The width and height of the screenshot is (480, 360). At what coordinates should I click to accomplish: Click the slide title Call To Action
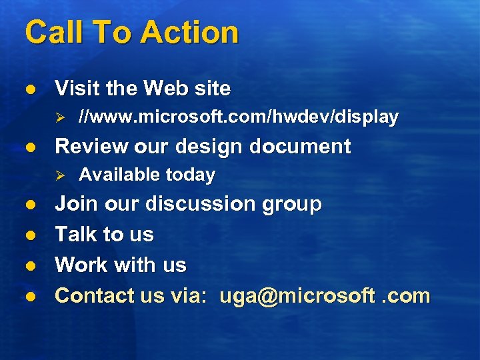coord(131,32)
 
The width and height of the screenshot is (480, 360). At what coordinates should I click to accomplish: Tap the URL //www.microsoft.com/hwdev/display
coord(238,117)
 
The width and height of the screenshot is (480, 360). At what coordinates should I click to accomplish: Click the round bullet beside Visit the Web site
coord(29,89)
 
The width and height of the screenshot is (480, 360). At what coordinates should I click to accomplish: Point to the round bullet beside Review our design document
coord(29,147)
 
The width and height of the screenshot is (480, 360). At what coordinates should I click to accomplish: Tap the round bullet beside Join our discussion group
coord(29,204)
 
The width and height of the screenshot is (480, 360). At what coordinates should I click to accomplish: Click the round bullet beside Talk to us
coord(29,235)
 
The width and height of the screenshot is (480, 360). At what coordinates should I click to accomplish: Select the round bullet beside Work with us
coord(29,265)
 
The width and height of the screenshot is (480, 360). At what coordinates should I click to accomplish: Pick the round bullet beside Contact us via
coord(29,296)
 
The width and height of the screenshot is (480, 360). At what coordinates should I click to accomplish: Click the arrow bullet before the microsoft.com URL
coord(59,118)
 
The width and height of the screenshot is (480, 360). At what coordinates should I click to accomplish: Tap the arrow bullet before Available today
coord(59,175)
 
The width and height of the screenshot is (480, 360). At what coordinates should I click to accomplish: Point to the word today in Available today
coord(190,175)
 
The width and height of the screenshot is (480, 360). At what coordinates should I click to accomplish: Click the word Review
coord(92,146)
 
